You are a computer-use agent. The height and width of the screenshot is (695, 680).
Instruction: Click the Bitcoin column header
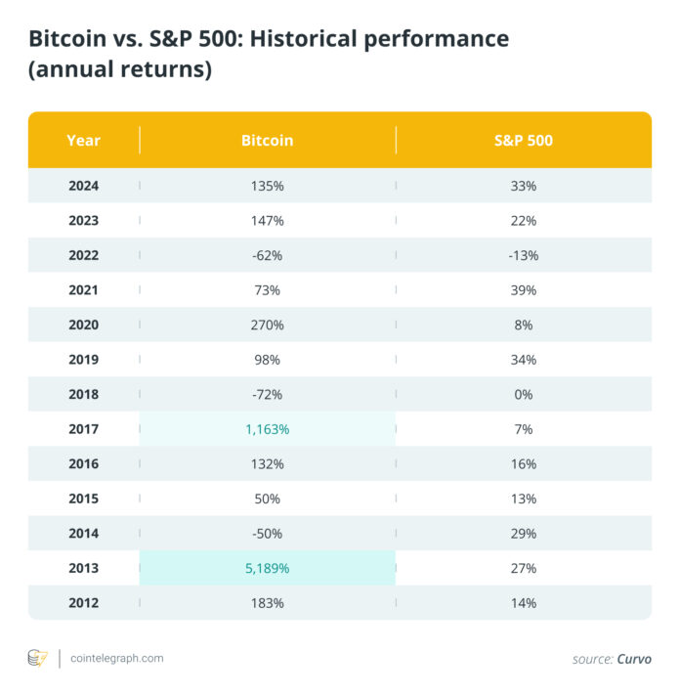coord(267,140)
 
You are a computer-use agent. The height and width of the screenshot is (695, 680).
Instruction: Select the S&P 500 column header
coord(523,140)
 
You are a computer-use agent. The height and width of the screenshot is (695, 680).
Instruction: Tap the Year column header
coord(83,140)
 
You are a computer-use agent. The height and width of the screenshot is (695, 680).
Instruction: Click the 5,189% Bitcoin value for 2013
coord(267,568)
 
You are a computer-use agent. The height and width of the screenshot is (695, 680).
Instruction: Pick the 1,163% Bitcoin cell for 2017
coord(267,429)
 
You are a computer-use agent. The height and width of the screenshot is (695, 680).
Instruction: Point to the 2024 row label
coord(83,186)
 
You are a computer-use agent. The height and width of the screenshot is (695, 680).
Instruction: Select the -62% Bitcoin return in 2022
coord(267,255)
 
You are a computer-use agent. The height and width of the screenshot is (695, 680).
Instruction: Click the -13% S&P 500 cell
coord(523,255)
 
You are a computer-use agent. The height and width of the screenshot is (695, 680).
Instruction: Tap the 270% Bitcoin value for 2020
coord(267,325)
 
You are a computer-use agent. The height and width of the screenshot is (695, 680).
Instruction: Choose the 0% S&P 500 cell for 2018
coord(523,394)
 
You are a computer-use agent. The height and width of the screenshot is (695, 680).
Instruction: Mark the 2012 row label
coord(83,603)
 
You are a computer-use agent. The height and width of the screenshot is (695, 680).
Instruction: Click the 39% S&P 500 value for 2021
coord(523,290)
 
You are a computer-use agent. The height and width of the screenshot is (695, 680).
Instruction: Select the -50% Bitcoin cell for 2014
coord(267,534)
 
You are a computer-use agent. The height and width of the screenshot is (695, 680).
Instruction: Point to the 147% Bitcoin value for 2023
coord(267,221)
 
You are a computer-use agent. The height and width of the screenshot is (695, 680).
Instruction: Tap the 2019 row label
coord(83,360)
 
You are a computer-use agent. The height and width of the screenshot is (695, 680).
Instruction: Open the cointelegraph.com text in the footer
coord(117,659)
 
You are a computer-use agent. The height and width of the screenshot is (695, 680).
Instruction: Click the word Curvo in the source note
coord(634,660)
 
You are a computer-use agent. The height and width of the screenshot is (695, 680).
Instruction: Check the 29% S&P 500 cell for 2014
coord(523,534)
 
